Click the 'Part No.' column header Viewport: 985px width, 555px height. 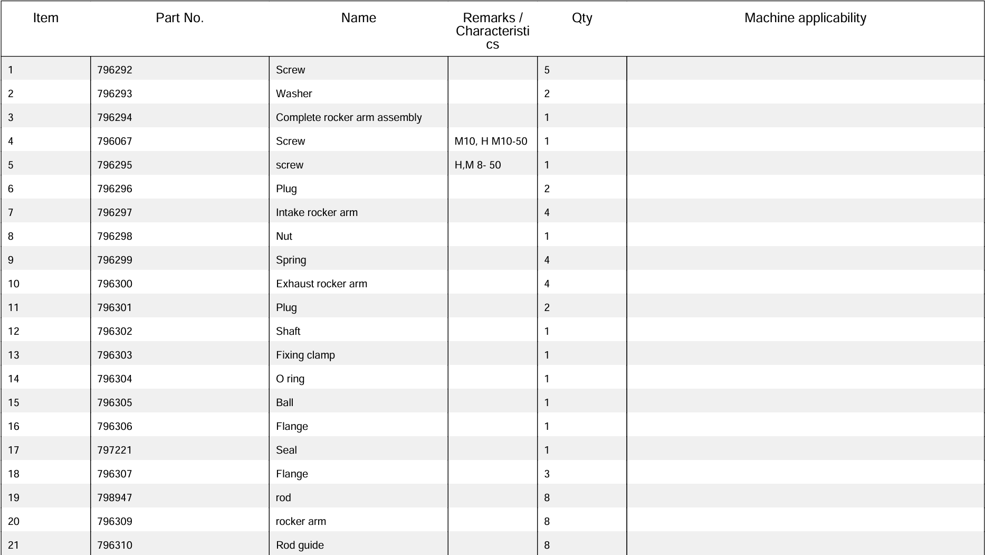point(179,18)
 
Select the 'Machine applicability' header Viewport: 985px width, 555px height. point(805,18)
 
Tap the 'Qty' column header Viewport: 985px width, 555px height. point(582,18)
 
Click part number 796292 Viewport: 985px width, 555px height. point(114,70)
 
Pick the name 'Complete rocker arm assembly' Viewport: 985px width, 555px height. point(349,117)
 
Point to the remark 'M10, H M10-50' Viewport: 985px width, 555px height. point(491,141)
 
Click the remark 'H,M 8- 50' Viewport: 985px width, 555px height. point(477,165)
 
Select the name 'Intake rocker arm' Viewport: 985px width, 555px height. point(317,212)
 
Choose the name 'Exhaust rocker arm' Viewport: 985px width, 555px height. point(321,284)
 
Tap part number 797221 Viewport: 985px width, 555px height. point(114,450)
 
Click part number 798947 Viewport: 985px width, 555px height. point(114,497)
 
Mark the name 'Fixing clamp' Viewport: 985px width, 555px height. point(305,355)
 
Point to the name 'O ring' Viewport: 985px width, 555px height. point(290,379)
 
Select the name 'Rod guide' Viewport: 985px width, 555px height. point(300,545)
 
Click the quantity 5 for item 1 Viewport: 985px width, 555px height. point(547,70)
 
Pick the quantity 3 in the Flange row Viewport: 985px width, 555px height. point(547,474)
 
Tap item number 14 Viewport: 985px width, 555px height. point(14,379)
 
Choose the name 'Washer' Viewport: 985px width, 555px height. point(294,93)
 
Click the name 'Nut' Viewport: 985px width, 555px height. point(284,236)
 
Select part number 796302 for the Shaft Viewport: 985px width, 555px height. point(114,331)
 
